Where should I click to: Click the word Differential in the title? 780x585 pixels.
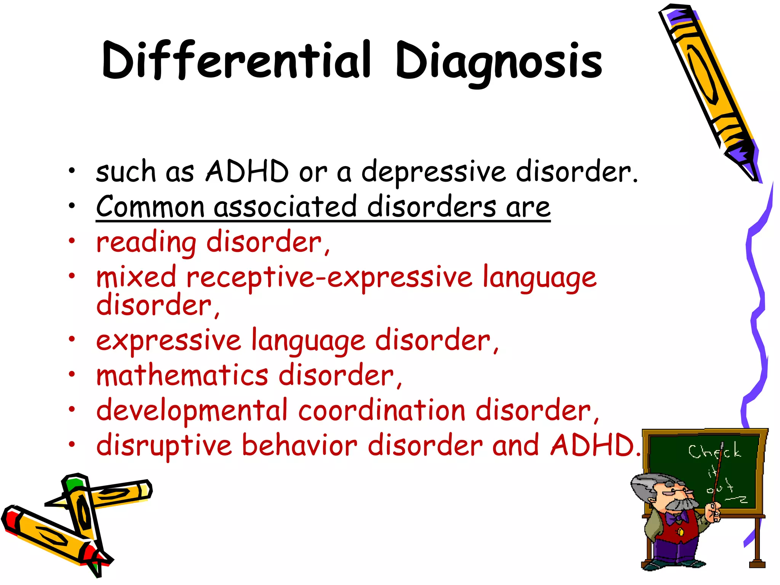236,61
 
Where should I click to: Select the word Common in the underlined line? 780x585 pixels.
150,207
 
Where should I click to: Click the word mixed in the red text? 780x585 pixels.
136,277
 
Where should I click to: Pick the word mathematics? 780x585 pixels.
182,376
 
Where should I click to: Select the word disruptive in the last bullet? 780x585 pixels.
164,446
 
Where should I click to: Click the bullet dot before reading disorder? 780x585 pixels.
72,241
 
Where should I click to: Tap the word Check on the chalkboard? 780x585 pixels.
714,452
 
